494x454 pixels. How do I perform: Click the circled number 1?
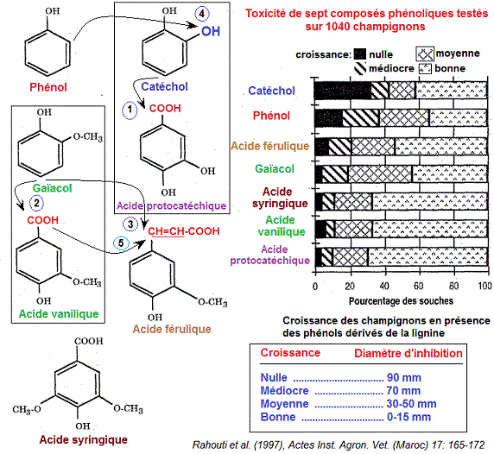click(x=130, y=110)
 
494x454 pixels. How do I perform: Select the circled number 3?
click(x=130, y=224)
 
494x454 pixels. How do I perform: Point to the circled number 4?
click(x=201, y=15)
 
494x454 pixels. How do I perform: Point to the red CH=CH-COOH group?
click(x=184, y=231)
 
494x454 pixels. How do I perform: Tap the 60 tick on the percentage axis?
click(x=418, y=287)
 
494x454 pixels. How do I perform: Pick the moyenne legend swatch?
click(x=430, y=53)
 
